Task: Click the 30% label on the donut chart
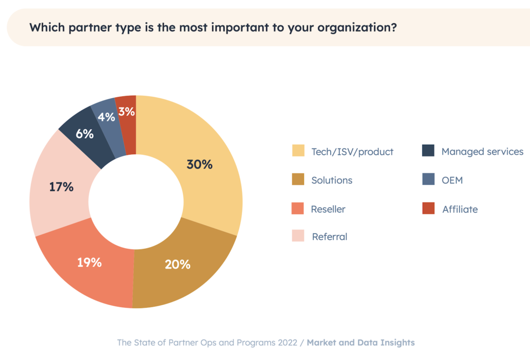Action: [199, 164]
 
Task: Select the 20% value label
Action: [178, 264]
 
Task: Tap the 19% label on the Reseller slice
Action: [89, 262]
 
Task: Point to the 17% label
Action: [61, 187]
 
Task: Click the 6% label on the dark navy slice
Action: [84, 134]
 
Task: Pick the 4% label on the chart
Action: [106, 117]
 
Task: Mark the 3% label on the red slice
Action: [126, 111]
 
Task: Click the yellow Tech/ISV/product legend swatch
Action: [298, 151]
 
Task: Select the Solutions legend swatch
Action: [298, 180]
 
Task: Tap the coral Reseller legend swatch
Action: [298, 209]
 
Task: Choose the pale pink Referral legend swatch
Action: [298, 236]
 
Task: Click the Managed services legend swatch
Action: [428, 151]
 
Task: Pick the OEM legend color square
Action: [428, 180]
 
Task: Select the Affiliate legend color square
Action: [428, 209]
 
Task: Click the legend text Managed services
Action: [482, 152]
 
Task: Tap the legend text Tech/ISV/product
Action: [352, 152]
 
